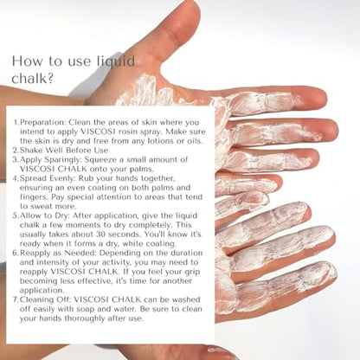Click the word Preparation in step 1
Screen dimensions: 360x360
[43, 122]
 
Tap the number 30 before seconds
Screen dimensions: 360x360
[100, 235]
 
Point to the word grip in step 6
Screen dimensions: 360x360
[192, 272]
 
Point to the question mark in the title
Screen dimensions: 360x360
[49, 78]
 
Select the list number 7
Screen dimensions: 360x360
[16, 299]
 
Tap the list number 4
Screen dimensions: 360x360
[16, 178]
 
